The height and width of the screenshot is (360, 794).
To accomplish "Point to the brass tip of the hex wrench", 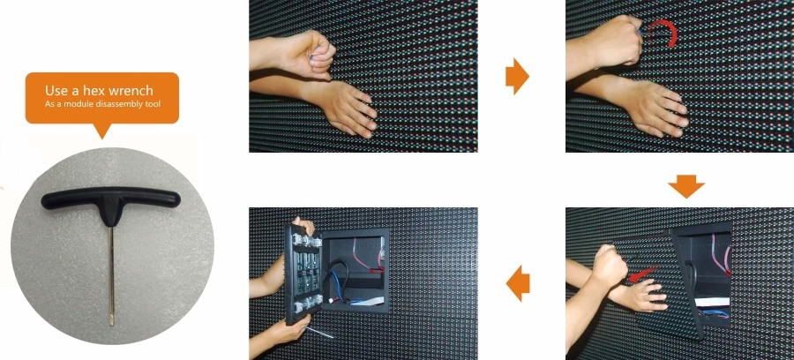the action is (x=112, y=319).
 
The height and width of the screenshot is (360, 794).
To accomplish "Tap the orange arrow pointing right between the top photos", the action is (x=517, y=76).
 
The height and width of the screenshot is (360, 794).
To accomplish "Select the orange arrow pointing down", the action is (x=686, y=186).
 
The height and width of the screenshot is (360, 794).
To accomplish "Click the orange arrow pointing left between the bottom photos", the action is (x=518, y=283).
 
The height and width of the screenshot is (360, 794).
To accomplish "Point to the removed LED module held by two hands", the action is (x=303, y=274).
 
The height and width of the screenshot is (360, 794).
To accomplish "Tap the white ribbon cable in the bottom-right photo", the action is (x=710, y=303).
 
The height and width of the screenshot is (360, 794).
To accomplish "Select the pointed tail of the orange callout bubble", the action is (x=101, y=131).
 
